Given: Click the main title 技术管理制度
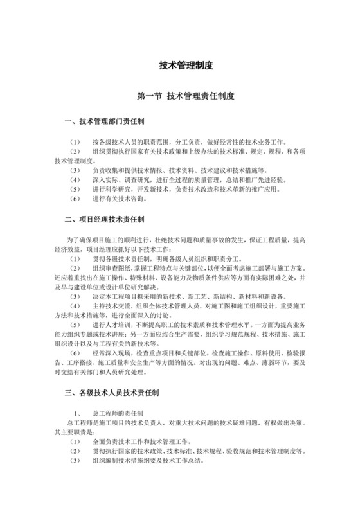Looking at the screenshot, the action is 186,66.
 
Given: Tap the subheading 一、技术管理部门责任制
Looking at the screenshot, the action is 105,121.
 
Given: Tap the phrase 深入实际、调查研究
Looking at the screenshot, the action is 120,180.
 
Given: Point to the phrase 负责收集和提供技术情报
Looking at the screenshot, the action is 129,170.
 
